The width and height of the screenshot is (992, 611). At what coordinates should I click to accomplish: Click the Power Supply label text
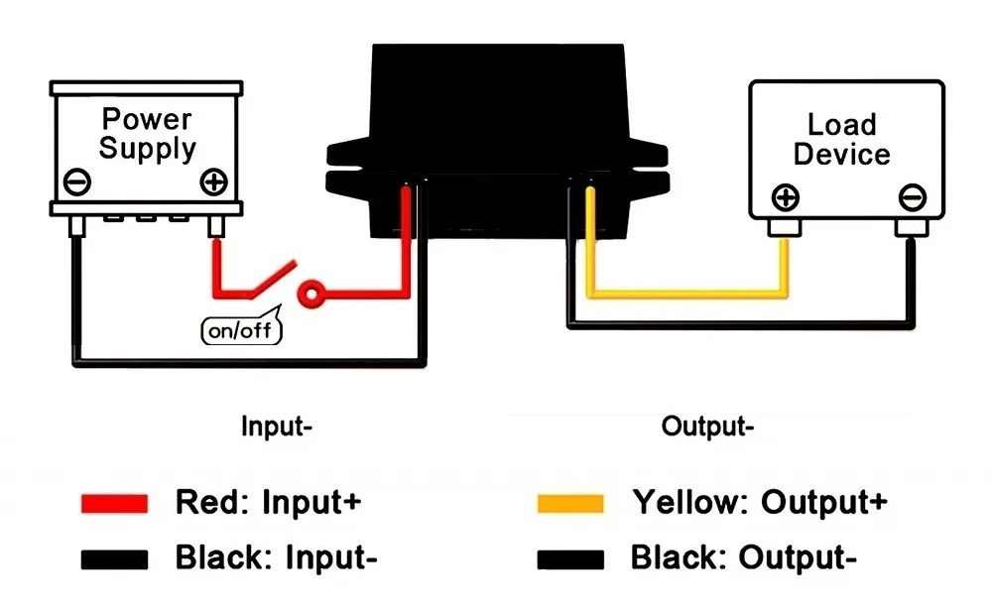point(148,134)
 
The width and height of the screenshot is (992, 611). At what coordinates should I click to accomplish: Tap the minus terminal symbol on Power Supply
point(77,183)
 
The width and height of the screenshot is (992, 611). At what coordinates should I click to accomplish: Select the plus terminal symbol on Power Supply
point(214,183)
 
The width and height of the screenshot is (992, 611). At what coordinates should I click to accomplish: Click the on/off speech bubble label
point(241,330)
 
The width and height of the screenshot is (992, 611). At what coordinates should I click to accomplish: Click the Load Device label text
point(841,140)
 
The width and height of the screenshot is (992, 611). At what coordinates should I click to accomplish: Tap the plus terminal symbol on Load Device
point(786,196)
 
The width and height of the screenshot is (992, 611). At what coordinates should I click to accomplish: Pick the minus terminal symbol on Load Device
point(912,196)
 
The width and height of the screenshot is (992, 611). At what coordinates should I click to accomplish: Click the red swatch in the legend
point(115,503)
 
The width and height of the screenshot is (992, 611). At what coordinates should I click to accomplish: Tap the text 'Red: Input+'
point(268,502)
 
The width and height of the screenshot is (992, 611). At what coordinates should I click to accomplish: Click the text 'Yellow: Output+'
point(759,502)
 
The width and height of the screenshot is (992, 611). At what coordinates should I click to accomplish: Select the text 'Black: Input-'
point(276,557)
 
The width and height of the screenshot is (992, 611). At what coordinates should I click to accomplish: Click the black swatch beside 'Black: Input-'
point(115,559)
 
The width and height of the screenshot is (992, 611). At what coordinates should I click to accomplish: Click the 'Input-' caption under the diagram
point(277,428)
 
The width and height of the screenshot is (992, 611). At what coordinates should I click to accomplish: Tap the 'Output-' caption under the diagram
point(707,428)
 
